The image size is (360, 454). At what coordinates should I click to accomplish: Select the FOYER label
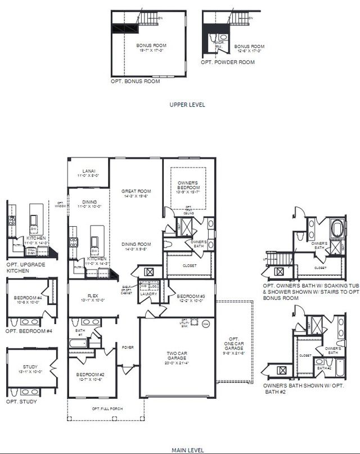tap(128, 348)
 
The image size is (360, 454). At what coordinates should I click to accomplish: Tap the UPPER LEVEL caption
tap(187, 105)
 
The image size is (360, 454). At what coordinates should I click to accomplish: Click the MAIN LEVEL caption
tap(187, 450)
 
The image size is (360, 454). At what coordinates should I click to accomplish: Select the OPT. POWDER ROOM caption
tap(223, 62)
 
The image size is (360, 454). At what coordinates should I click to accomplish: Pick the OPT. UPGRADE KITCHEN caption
tap(24, 267)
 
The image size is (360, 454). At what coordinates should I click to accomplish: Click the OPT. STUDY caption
tap(21, 402)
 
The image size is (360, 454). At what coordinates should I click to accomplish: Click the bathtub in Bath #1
tap(78, 343)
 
